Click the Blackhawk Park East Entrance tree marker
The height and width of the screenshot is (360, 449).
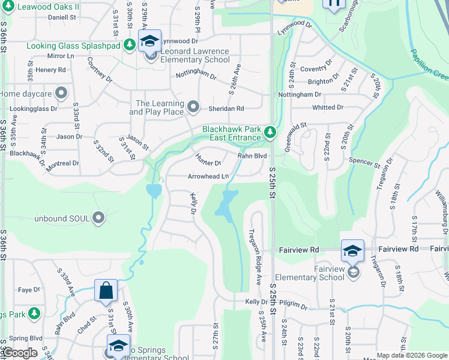270,131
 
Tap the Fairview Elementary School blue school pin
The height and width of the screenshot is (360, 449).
352,250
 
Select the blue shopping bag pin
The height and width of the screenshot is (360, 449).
106,290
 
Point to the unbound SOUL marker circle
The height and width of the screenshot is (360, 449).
98,218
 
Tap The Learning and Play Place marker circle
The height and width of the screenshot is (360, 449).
193,107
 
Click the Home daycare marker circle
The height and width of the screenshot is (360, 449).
60,94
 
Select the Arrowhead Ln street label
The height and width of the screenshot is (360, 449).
208,176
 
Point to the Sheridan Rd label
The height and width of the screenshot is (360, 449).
226,109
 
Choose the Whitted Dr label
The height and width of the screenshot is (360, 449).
327,107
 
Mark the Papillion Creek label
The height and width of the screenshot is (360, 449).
429,65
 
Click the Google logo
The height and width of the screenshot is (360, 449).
19,353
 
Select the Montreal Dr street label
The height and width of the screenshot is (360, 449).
62,163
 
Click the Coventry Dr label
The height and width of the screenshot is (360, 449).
316,69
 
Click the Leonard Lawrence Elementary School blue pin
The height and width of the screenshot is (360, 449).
149,41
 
